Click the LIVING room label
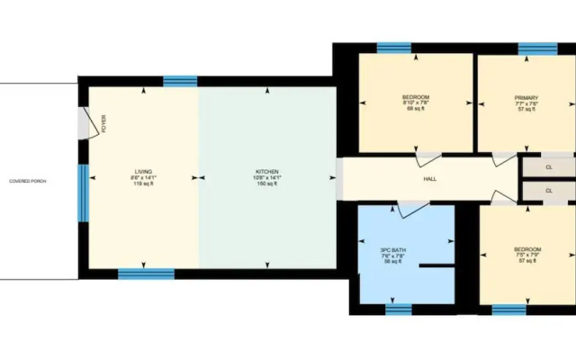143,171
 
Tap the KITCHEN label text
267,171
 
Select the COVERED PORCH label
27,181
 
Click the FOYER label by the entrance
103,124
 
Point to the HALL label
430,178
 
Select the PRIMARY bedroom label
526,97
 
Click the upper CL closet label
549,167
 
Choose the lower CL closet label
549,192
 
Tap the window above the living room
180,81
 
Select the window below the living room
146,274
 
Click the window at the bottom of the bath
399,310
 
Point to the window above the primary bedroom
537,48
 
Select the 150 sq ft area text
267,184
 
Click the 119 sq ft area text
143,184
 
